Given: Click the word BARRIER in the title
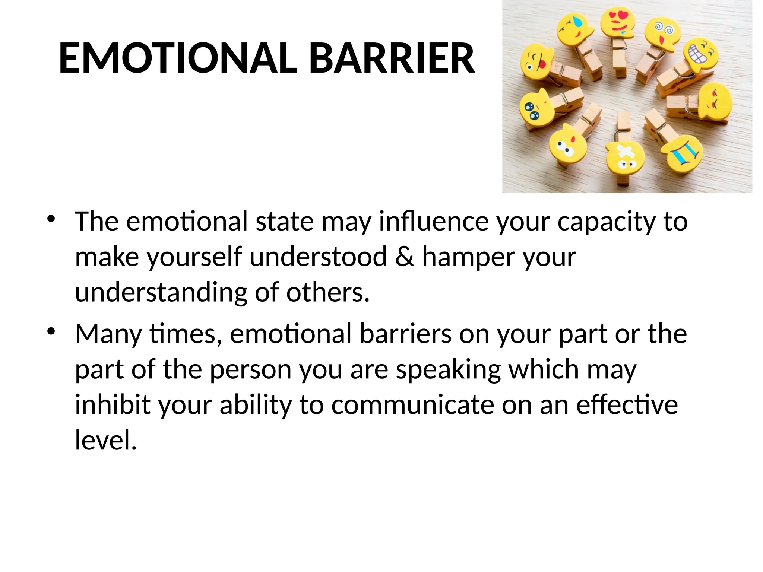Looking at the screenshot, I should pyautogui.click(x=392, y=58).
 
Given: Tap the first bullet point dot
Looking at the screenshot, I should pyautogui.click(x=51, y=219).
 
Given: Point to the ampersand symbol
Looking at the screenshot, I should pyautogui.click(x=404, y=257).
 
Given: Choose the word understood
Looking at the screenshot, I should pyautogui.click(x=319, y=257).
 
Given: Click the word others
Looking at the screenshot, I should pyautogui.click(x=327, y=292).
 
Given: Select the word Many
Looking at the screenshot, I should pyautogui.click(x=108, y=334).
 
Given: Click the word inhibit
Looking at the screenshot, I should pyautogui.click(x=113, y=405).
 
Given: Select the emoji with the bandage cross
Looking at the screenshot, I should pyautogui.click(x=625, y=157).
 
